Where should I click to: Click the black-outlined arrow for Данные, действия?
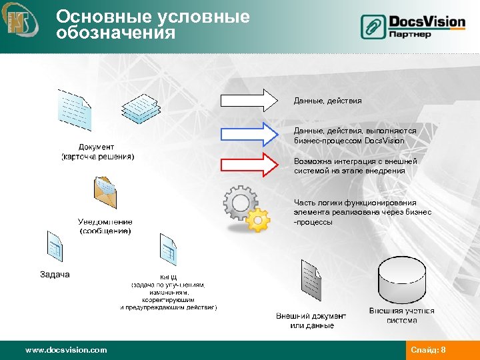[248, 100]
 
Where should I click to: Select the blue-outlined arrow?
[248, 134]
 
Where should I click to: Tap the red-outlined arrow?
[248, 164]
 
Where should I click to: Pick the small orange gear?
[257, 219]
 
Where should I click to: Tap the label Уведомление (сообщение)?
[105, 226]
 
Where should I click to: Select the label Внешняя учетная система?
[401, 315]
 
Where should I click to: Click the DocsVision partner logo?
[413, 26]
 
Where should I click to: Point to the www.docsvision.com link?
[65, 349]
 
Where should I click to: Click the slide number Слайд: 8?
[428, 350]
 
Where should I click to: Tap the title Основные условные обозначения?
[153, 25]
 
